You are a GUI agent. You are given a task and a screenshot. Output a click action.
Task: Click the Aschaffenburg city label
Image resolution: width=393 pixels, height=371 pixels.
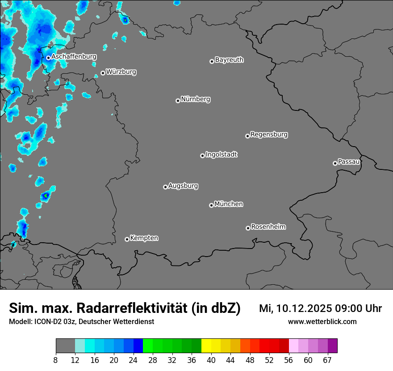(x=74, y=57)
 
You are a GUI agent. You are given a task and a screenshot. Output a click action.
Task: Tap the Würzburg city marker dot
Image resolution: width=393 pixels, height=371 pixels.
(x=103, y=73)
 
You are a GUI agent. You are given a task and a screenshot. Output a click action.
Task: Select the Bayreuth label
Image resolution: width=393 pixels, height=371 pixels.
(x=229, y=59)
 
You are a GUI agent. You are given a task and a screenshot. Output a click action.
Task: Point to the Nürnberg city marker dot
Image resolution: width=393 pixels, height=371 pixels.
(x=178, y=101)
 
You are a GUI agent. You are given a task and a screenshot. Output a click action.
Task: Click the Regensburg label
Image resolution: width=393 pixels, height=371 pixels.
(x=269, y=134)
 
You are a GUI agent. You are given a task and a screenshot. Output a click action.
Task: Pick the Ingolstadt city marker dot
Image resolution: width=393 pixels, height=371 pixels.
(x=202, y=156)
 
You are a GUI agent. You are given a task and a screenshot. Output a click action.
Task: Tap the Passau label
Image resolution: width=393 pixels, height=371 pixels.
(x=349, y=161)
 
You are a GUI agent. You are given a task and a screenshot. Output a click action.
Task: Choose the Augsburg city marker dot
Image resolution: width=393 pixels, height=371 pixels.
(x=165, y=187)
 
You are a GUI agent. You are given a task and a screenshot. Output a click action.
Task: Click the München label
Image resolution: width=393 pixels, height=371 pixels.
(x=229, y=204)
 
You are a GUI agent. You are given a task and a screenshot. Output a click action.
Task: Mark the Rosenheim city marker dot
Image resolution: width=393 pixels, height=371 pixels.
(x=248, y=228)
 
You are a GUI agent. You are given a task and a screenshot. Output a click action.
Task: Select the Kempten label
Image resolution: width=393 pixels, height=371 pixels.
(x=144, y=238)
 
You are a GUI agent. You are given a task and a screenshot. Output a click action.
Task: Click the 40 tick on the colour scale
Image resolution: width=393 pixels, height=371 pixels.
(x=211, y=360)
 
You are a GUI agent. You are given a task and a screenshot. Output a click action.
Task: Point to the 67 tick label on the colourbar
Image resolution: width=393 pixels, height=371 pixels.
(x=327, y=360)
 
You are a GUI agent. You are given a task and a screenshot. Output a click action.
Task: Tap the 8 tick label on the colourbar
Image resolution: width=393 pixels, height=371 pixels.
(x=56, y=360)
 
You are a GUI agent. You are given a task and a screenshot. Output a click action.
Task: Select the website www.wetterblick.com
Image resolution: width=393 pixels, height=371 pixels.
(x=322, y=321)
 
